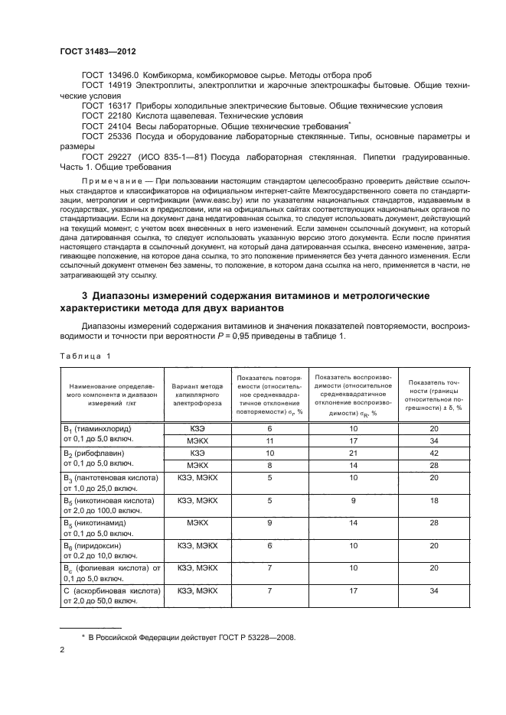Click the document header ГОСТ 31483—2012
pyautogui.click(x=97, y=51)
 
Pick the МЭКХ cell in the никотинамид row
pyautogui.click(x=197, y=525)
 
